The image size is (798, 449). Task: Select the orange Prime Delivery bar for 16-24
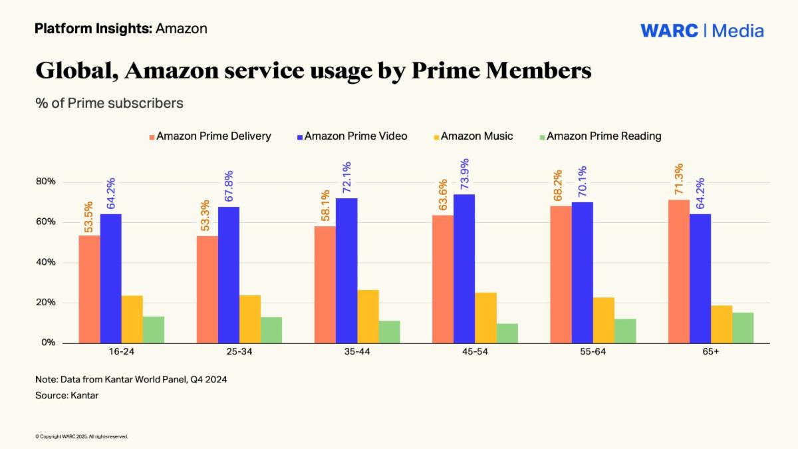coord(89,289)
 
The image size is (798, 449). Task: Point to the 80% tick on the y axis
coord(46,182)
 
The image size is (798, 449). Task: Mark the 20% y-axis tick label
coord(46,303)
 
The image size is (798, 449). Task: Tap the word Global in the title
coord(74,71)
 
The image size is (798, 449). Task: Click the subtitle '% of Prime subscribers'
coord(109,104)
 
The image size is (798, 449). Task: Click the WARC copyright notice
coord(81,437)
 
